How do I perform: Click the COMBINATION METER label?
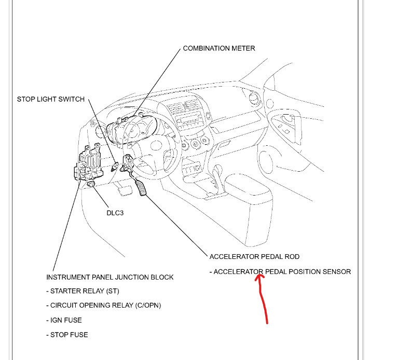pyautogui.click(x=218, y=48)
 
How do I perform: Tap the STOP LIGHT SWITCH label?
pyautogui.click(x=51, y=99)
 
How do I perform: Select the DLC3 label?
pyautogui.click(x=115, y=213)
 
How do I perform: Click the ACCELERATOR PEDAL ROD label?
pyautogui.click(x=254, y=257)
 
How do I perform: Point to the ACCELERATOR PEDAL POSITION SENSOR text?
pyautogui.click(x=280, y=271)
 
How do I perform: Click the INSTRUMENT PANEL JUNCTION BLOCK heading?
pyautogui.click(x=110, y=277)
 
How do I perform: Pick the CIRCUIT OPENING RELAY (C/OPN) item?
pyautogui.click(x=103, y=306)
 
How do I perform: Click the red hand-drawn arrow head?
pyautogui.click(x=260, y=278)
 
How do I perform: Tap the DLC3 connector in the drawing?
pyautogui.click(x=91, y=184)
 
